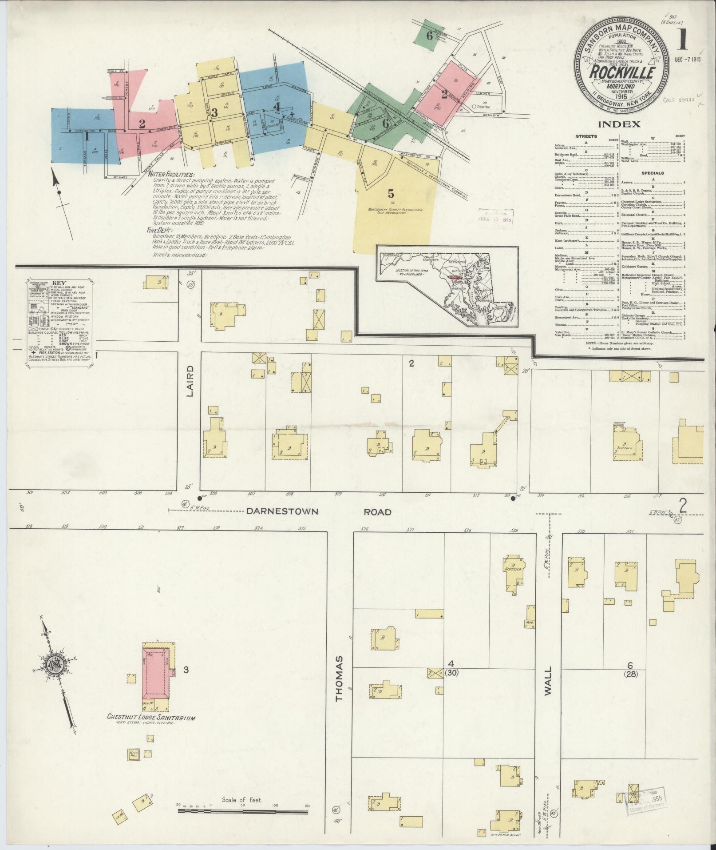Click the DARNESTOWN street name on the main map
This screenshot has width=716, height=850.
282,511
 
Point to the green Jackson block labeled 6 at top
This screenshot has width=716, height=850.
429,36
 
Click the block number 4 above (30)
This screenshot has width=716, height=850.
451,676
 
